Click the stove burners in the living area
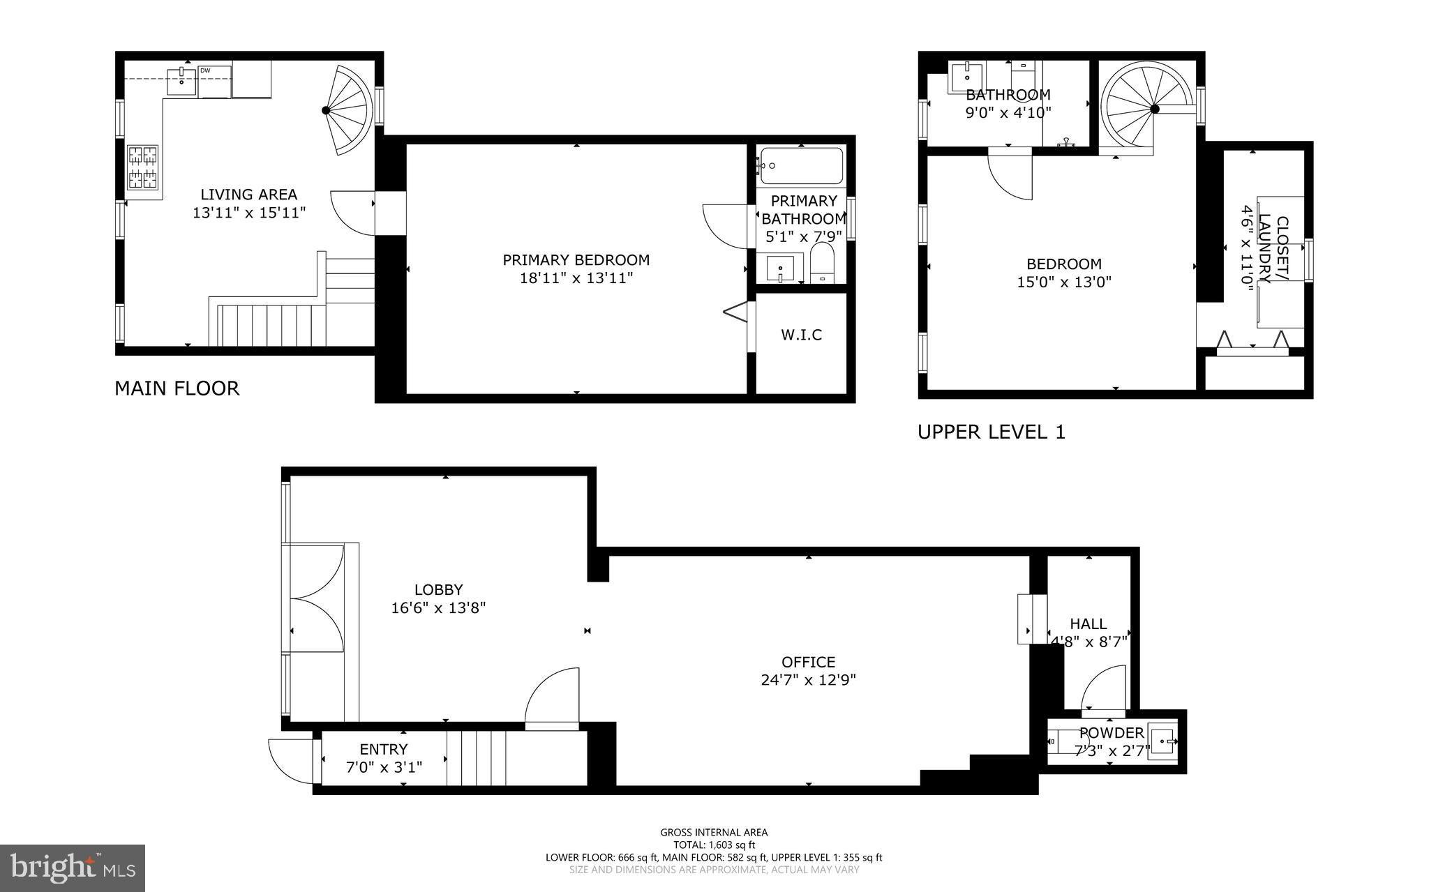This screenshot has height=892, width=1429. [x=142, y=167]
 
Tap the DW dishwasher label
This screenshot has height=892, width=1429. [x=205, y=70]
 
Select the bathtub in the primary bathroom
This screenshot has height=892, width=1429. [x=801, y=165]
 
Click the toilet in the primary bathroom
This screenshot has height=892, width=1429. [x=823, y=263]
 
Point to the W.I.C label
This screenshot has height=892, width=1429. [x=801, y=335]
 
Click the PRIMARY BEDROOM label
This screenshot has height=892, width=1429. [x=576, y=260]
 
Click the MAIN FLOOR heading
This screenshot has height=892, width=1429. [x=177, y=388]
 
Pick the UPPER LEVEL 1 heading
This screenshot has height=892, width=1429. [x=992, y=432]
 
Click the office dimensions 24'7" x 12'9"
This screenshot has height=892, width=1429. [x=809, y=680]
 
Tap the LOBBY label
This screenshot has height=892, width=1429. [x=438, y=590]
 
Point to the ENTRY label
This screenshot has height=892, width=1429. [x=384, y=750]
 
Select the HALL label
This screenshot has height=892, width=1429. [x=1088, y=624]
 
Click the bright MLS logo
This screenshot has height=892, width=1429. [x=73, y=868]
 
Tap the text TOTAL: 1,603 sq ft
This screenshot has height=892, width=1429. [x=714, y=845]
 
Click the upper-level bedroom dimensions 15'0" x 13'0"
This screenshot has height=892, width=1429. [x=1064, y=282]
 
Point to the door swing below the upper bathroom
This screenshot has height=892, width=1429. [x=1010, y=174]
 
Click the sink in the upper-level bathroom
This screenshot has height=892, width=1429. [x=967, y=77]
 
